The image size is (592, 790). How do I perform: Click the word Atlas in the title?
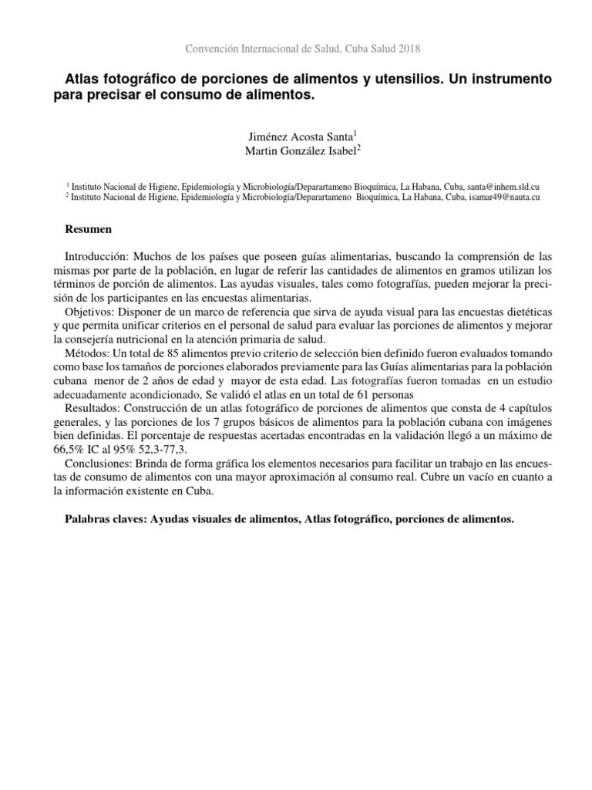83,80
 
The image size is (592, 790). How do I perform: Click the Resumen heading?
88,230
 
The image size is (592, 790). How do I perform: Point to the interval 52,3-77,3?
143,449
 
